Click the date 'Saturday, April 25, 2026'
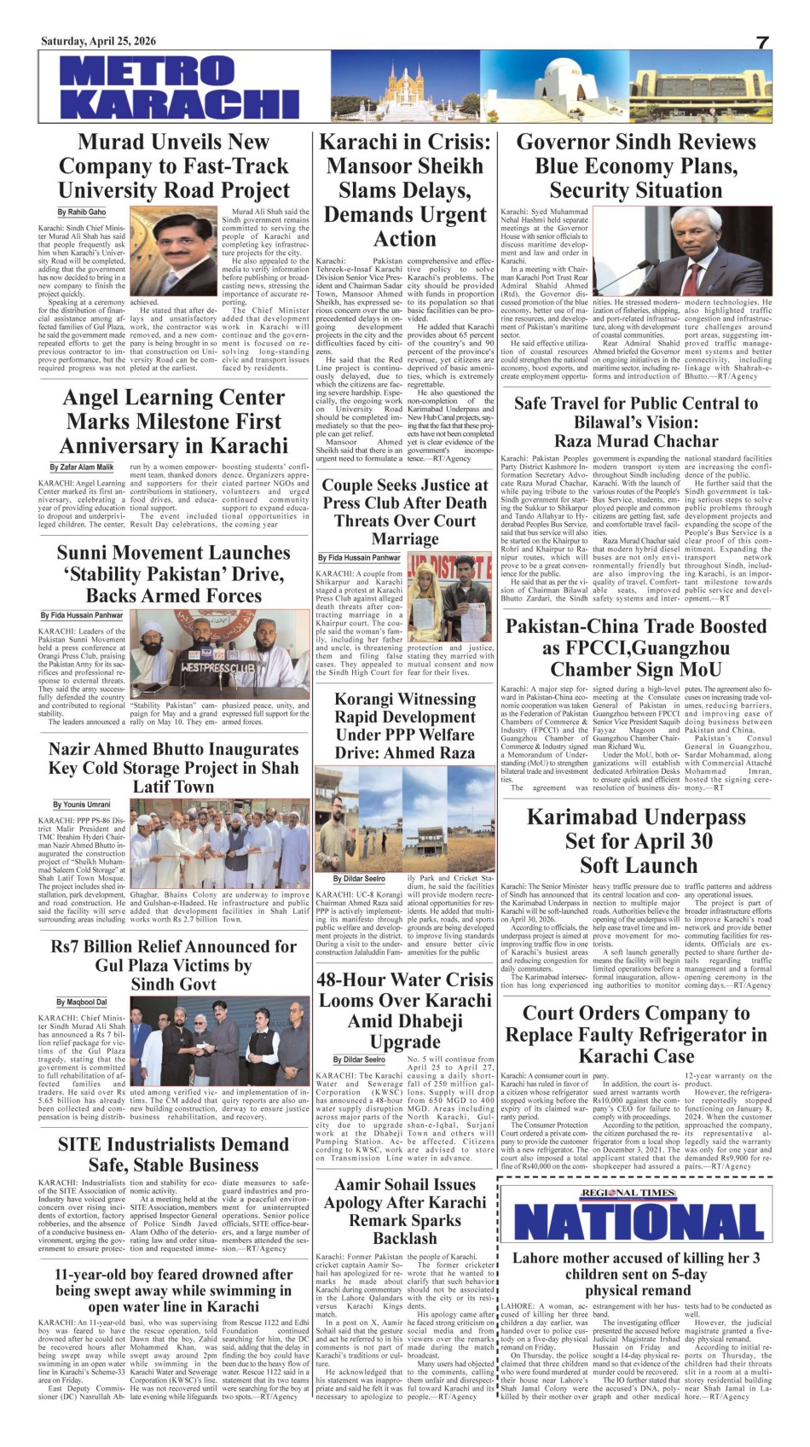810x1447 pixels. click(98, 41)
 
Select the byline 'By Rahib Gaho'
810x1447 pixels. click(82, 212)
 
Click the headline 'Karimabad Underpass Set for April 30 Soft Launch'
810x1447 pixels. click(636, 840)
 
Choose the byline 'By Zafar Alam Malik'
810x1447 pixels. click(82, 468)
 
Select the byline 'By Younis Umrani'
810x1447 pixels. click(82, 805)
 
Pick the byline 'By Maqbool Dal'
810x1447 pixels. click(82, 1002)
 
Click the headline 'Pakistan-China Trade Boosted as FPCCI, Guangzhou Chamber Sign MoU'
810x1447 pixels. click(636, 648)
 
